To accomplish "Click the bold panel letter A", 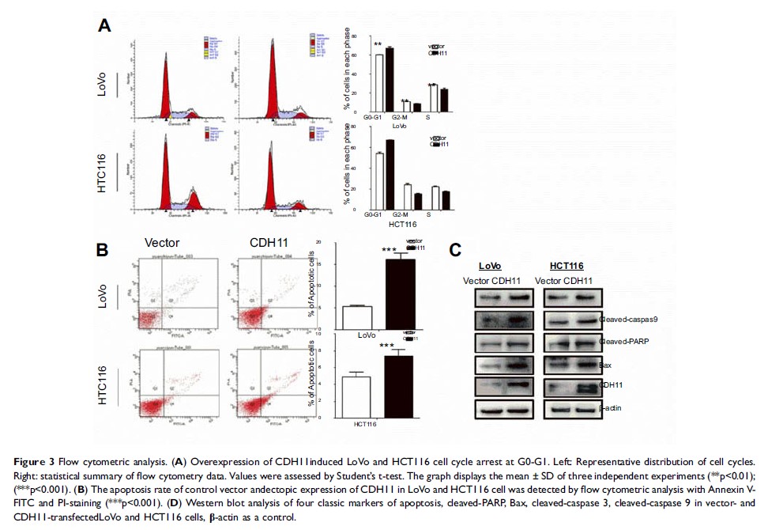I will (104, 26).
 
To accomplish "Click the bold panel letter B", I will (102, 249).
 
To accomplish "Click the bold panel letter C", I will (455, 250).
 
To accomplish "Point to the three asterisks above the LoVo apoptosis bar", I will (389, 251).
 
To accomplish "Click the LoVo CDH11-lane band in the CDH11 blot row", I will (517, 387).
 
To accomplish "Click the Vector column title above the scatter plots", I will (162, 243).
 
